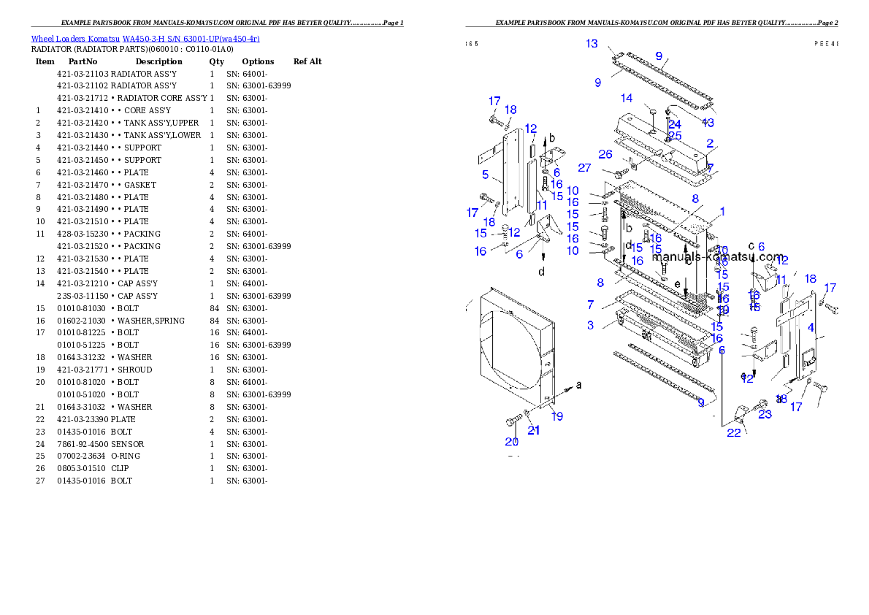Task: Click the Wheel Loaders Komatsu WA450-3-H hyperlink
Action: click(145, 39)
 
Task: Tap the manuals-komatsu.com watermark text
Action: click(718, 256)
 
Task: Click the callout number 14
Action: click(627, 99)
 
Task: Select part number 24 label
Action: click(674, 125)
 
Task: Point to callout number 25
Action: click(675, 136)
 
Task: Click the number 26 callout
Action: click(605, 154)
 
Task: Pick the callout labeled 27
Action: click(584, 167)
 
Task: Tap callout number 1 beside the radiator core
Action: click(721, 212)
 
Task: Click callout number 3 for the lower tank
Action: click(590, 325)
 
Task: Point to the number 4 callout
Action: click(811, 328)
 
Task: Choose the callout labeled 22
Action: click(733, 432)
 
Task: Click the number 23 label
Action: click(765, 415)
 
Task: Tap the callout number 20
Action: click(511, 441)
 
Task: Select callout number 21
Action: click(534, 430)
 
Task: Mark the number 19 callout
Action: click(557, 416)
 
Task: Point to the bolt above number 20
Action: click(513, 421)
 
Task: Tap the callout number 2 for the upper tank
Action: click(710, 144)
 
